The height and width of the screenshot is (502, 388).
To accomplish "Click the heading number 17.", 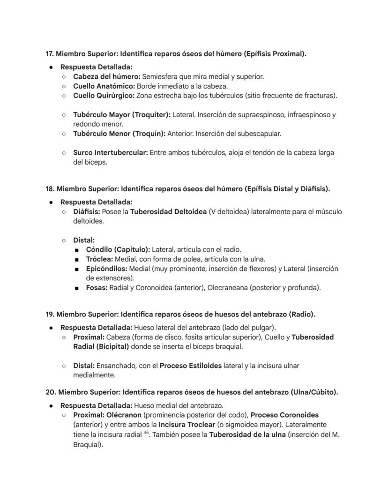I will click(x=50, y=54).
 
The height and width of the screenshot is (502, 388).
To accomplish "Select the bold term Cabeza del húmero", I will click(x=106, y=76).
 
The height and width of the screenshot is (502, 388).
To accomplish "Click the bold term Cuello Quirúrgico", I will click(x=104, y=96).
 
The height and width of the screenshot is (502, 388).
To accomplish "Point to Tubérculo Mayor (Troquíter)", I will click(x=122, y=115).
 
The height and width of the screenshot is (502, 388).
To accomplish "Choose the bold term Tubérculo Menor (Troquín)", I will click(x=119, y=134).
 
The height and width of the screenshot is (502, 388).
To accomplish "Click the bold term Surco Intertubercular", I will click(x=110, y=153).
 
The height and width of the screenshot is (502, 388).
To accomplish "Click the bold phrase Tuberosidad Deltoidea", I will click(x=168, y=212).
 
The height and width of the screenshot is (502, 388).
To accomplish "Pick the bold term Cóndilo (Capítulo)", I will click(x=118, y=250).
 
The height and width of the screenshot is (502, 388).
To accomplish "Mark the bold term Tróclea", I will click(x=99, y=259).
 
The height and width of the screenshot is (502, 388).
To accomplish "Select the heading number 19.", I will click(x=50, y=315).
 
